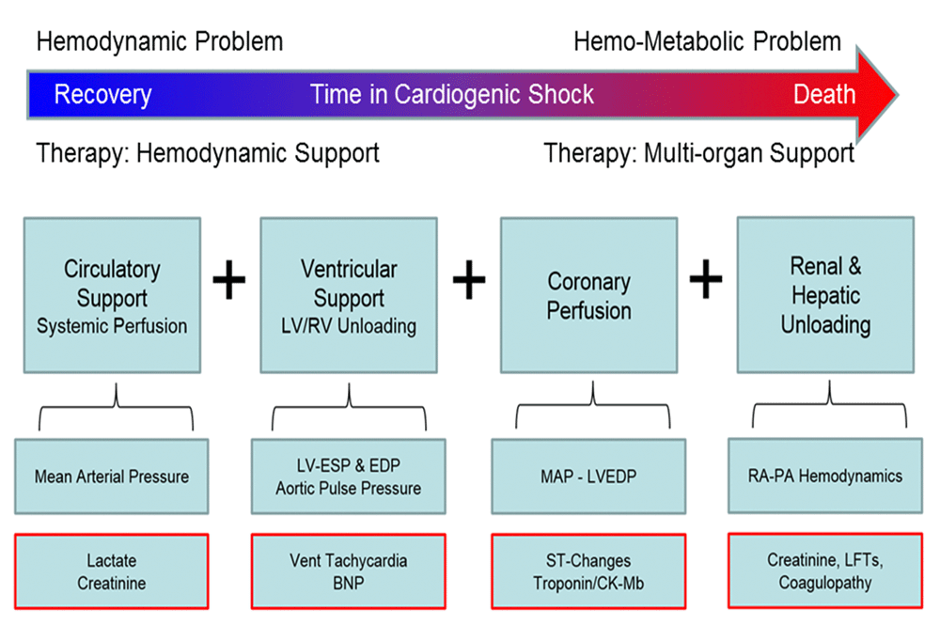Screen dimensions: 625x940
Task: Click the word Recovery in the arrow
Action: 102,95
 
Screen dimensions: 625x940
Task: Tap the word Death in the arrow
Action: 824,95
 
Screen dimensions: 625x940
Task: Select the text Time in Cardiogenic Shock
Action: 452,95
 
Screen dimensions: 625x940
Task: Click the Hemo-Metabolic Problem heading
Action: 707,42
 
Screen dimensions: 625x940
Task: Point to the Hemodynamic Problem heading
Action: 159,42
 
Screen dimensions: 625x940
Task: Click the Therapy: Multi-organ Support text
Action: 699,152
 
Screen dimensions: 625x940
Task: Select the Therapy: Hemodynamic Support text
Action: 208,152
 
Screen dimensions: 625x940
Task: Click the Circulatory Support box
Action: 112,295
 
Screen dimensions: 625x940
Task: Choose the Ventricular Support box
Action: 349,295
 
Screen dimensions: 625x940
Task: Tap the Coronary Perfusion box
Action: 589,295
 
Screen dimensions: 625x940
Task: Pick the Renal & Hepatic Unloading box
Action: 823,295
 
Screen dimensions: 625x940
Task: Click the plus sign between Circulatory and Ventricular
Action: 229,281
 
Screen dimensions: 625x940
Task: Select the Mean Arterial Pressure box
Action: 112,477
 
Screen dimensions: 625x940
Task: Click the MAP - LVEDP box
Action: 589,477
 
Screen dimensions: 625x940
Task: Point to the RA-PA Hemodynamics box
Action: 823,476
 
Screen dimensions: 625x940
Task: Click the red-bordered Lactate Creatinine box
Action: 112,571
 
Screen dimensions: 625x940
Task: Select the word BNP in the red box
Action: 349,583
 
